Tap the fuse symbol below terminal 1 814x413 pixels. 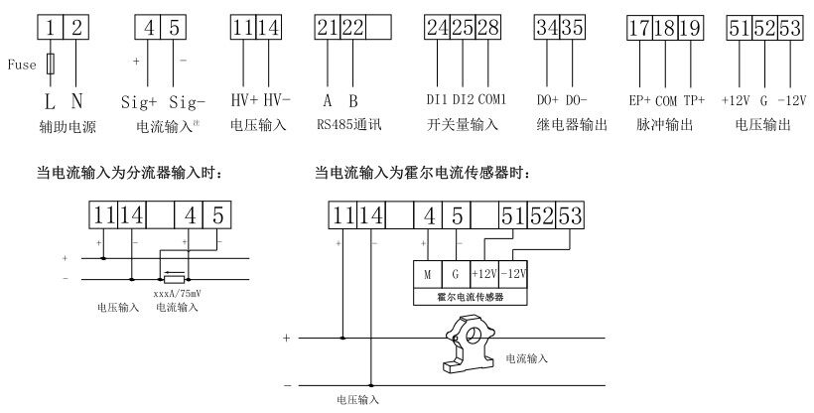[x=50, y=66]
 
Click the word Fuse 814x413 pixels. [x=23, y=67]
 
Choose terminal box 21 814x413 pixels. [x=328, y=29]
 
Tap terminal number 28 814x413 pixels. [x=488, y=29]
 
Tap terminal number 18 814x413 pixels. [x=665, y=29]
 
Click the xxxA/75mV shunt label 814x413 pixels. [x=177, y=295]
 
